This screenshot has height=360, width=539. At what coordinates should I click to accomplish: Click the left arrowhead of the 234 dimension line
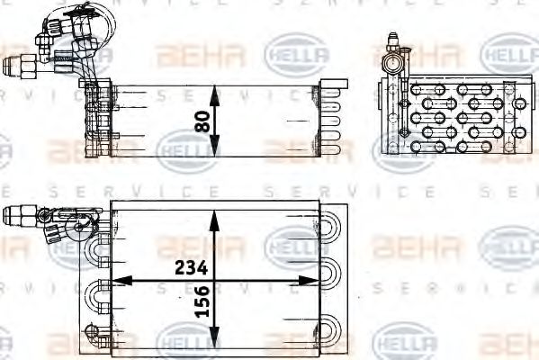114,280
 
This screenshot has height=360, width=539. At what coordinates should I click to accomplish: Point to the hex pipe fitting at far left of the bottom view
16,215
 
